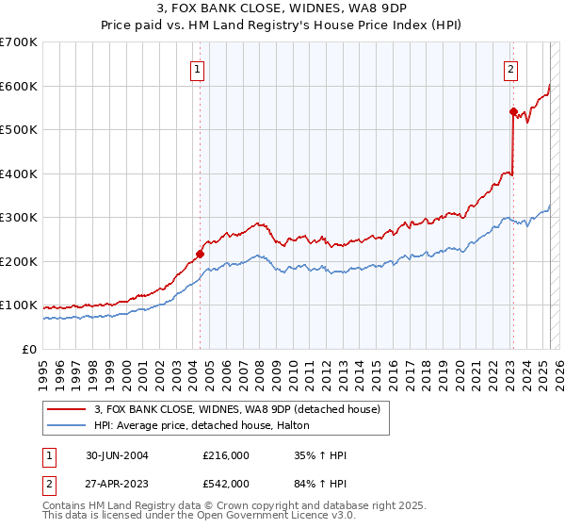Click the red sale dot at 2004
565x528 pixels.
click(x=201, y=254)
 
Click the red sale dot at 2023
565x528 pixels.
click(x=513, y=111)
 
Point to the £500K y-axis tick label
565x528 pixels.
click(x=18, y=129)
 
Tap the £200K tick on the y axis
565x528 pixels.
click(x=18, y=261)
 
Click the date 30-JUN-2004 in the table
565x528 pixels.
click(x=116, y=455)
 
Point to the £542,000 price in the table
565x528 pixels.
click(x=226, y=483)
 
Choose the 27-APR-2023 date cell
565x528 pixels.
click(x=116, y=483)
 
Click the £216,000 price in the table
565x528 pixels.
click(x=226, y=455)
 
